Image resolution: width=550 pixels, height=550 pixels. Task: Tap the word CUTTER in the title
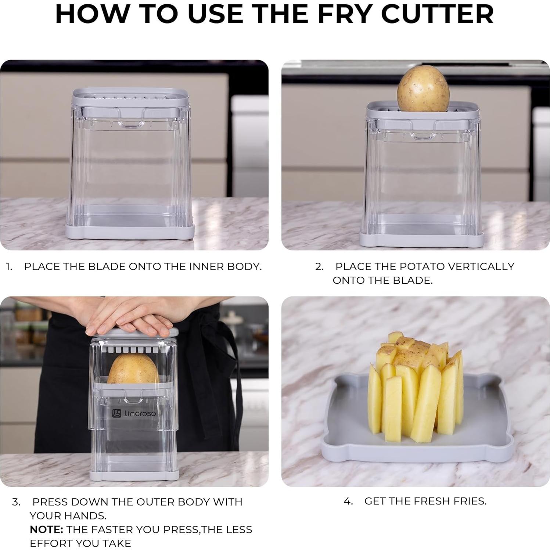click(x=437, y=14)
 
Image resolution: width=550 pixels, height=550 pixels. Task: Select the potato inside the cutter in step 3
click(x=133, y=369)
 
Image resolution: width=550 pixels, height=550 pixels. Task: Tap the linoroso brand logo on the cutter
click(x=134, y=413)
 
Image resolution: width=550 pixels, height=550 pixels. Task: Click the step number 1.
click(x=9, y=267)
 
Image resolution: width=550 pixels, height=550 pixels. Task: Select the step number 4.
click(x=348, y=501)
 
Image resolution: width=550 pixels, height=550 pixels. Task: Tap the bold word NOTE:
click(x=47, y=529)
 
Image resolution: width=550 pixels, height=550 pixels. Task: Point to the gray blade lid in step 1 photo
click(x=130, y=97)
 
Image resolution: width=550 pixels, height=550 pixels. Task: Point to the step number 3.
click(x=16, y=502)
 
